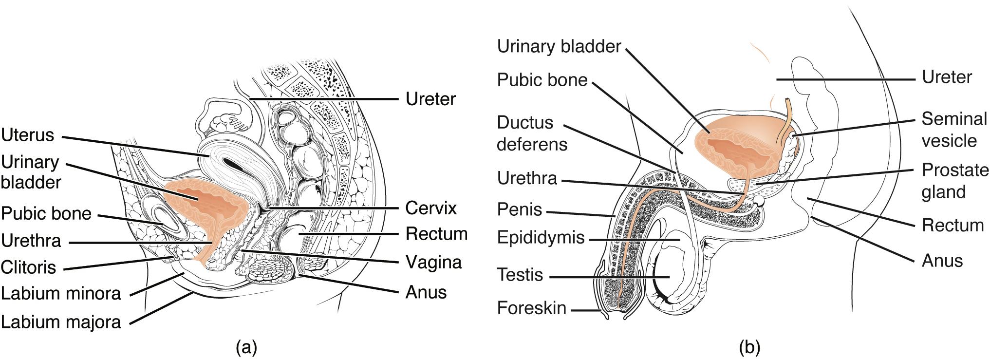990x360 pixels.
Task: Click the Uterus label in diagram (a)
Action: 28,135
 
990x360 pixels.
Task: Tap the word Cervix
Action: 431,208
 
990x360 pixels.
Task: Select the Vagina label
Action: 433,263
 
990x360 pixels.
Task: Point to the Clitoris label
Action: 28,267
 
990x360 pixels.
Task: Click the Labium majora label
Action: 61,322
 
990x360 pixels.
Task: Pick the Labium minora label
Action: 61,294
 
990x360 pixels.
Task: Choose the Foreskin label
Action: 532,308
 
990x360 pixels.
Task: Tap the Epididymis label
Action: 541,237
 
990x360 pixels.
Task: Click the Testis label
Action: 520,275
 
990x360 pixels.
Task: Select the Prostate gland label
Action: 955,181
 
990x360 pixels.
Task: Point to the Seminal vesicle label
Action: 954,130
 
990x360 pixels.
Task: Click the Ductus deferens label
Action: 532,133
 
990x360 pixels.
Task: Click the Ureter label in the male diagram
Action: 947,77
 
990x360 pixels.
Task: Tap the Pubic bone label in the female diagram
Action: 46,213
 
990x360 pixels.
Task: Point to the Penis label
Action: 520,209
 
